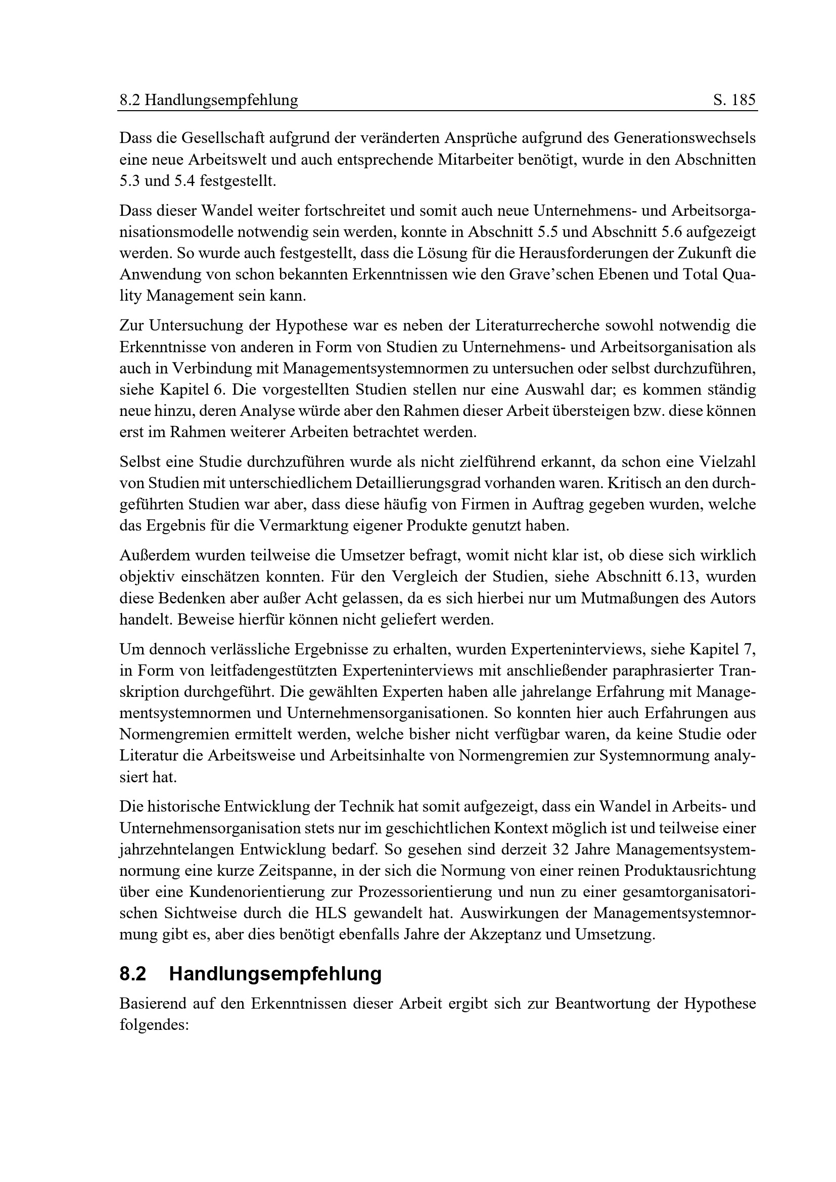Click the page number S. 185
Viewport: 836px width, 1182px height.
(734, 100)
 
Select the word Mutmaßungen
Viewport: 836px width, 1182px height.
(635, 598)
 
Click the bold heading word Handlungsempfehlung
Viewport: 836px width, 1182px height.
(275, 974)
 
